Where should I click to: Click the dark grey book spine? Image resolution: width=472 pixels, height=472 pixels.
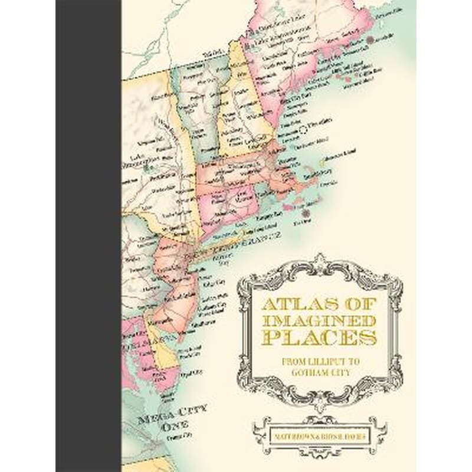[x=88, y=236]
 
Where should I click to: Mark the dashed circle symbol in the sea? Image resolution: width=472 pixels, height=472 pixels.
[x=302, y=128]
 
